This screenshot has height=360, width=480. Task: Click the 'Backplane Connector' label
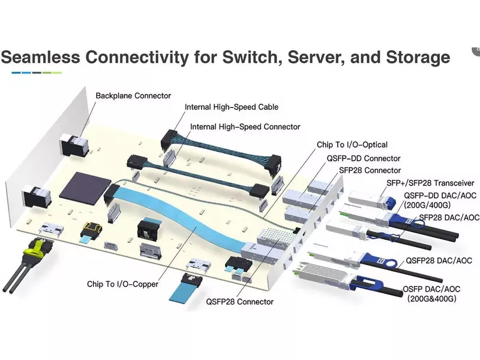pyautogui.click(x=133, y=95)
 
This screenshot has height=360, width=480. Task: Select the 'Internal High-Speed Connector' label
pyautogui.click(x=245, y=127)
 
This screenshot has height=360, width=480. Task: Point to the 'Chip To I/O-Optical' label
pyautogui.click(x=352, y=145)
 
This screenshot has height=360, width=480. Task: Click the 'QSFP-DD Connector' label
pyautogui.click(x=363, y=158)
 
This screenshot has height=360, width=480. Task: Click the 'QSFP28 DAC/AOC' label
pyautogui.click(x=439, y=260)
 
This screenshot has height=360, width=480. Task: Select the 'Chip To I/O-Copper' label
pyautogui.click(x=122, y=284)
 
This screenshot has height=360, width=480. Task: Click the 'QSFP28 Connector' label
pyautogui.click(x=239, y=302)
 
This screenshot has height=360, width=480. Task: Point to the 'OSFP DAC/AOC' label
pyautogui.click(x=436, y=288)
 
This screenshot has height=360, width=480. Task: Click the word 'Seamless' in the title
pyautogui.click(x=41, y=58)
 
